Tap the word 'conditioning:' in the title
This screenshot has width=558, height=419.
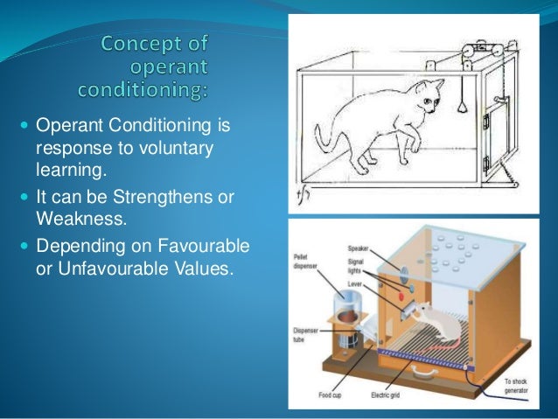tap(150, 90)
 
